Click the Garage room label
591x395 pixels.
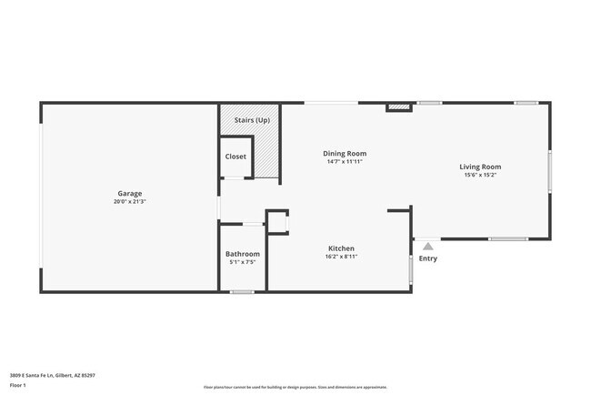(x=129, y=193)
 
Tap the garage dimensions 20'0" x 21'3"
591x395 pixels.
(x=129, y=201)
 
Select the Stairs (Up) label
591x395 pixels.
(x=252, y=120)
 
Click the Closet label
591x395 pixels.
(x=235, y=157)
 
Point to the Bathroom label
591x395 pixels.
(x=243, y=254)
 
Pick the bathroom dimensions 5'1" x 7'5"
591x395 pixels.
(x=243, y=262)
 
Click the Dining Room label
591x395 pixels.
(x=346, y=154)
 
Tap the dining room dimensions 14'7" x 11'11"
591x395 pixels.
(x=346, y=162)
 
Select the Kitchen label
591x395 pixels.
(x=341, y=248)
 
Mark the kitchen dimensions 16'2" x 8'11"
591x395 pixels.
(x=341, y=257)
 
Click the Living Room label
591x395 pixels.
(x=480, y=167)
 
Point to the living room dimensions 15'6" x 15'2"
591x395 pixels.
(x=480, y=175)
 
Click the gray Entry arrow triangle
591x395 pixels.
(x=427, y=245)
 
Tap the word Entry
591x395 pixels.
(x=427, y=258)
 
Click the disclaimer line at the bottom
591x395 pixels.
(x=295, y=388)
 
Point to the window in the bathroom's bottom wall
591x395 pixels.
(x=242, y=292)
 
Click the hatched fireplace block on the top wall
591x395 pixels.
(x=398, y=107)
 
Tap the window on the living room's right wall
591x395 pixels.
(x=549, y=171)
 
